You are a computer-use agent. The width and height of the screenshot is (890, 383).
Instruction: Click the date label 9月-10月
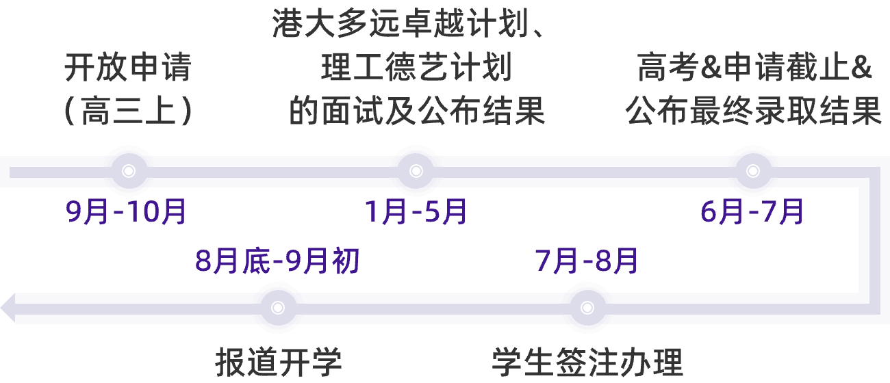point(127,213)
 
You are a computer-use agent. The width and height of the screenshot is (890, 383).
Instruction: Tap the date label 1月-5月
point(416,213)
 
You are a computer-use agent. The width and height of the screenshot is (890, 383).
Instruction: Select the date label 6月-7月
point(752,213)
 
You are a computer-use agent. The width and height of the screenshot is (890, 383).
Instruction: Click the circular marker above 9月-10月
point(128,171)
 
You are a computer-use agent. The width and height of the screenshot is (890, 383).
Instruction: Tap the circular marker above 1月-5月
point(416,171)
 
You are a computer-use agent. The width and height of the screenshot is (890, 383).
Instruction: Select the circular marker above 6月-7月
point(753,171)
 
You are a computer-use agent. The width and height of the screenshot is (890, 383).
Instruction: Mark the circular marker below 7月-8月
point(587,308)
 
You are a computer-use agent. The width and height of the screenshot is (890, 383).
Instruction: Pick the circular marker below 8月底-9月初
point(277,308)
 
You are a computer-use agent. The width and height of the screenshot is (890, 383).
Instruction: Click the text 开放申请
point(127,69)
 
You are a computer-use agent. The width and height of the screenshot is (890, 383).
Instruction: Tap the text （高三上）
point(127,111)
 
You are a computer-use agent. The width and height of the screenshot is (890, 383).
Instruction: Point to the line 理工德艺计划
point(416,69)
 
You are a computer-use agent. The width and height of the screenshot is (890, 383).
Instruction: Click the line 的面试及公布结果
point(416,111)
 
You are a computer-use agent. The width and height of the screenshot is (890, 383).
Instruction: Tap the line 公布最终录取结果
point(753,111)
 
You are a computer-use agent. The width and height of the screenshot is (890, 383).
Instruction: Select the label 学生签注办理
point(587,362)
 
